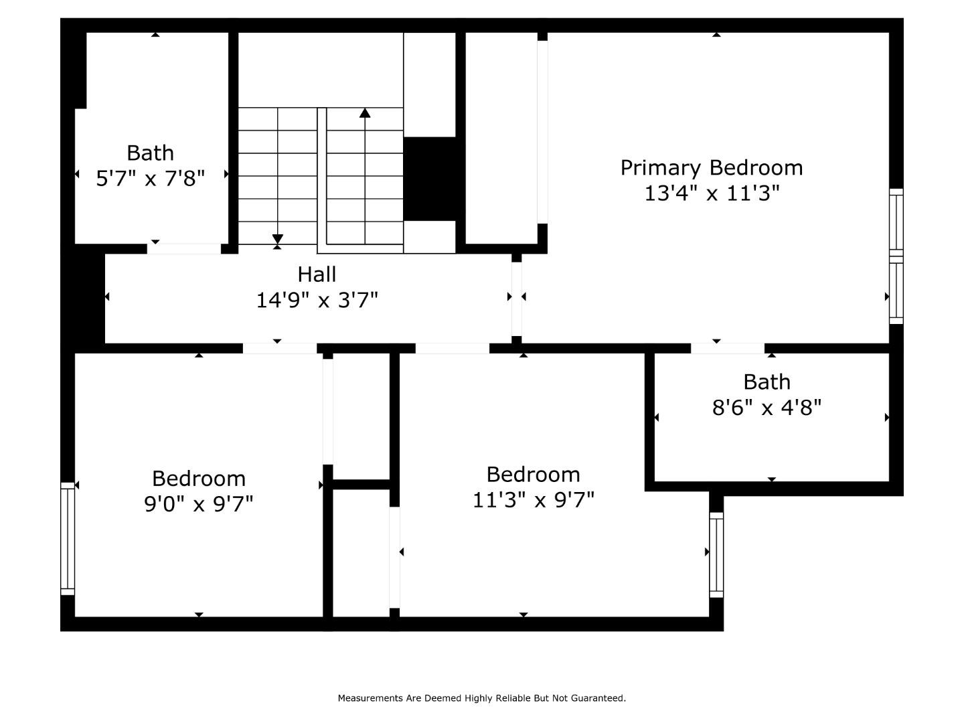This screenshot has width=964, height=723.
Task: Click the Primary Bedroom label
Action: tap(711, 167)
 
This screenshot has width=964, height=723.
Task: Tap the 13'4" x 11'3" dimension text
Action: tap(712, 193)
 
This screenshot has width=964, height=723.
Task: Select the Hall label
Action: tap(317, 274)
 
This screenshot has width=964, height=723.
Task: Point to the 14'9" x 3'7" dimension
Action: tap(317, 300)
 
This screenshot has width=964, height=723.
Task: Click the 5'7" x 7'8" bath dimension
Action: tap(150, 178)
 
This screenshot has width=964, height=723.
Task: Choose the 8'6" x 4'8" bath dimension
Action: tap(767, 407)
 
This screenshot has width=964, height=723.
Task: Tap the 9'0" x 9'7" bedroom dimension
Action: tap(199, 503)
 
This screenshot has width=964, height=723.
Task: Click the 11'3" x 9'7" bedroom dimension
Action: tap(534, 499)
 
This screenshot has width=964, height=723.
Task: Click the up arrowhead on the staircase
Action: tap(365, 112)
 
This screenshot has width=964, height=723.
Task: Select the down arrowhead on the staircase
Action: tap(277, 239)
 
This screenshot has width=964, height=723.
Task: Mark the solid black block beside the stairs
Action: tap(430, 178)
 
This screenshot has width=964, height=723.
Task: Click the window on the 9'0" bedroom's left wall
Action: tap(68, 538)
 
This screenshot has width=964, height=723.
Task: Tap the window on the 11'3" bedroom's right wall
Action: tap(716, 554)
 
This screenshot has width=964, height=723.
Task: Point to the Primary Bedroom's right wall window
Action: tap(896, 256)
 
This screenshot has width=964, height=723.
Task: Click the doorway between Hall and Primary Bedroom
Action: tap(517, 299)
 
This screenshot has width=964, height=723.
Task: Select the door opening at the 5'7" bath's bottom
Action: tap(183, 249)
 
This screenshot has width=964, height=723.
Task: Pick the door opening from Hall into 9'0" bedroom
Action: tap(279, 348)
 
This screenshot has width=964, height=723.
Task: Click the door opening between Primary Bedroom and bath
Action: tap(727, 348)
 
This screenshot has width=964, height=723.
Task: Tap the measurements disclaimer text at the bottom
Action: tap(481, 698)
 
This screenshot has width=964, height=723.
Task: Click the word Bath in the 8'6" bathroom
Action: tap(767, 382)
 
